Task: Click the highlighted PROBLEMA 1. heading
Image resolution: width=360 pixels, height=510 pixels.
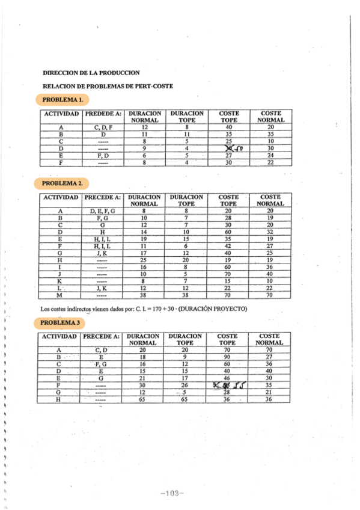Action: [63, 99]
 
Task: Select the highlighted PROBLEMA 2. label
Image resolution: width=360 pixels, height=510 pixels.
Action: [63, 182]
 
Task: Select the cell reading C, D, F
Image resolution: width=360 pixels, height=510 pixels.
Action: [103, 127]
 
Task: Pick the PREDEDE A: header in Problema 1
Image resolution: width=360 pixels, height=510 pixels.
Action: [103, 113]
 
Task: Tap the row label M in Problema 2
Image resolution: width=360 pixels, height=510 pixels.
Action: [60, 296]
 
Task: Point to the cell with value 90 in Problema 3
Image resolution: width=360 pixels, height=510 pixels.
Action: [227, 357]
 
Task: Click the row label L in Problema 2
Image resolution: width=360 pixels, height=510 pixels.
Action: [60, 289]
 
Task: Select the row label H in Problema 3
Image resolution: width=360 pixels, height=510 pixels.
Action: [58, 399]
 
